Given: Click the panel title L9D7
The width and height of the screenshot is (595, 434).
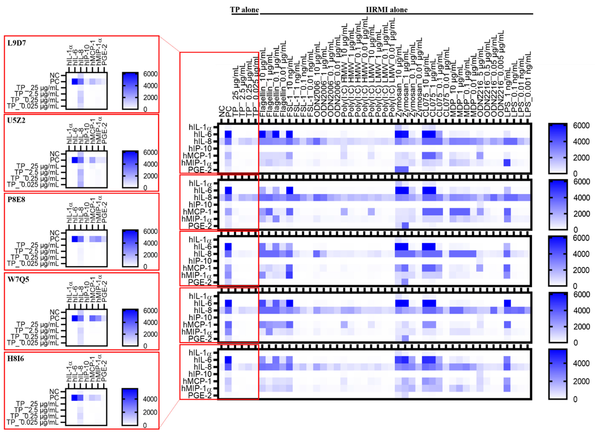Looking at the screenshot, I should click(17, 43).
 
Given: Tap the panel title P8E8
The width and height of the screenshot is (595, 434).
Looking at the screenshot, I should click(16, 200).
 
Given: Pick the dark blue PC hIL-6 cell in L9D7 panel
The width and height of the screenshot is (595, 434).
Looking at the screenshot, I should click(75, 82).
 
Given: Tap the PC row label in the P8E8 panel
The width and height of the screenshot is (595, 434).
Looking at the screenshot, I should click(55, 239).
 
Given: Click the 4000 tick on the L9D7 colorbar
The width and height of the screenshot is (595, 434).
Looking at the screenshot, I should click(150, 86).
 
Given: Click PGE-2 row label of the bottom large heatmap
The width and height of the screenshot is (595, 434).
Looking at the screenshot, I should click(200, 395).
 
